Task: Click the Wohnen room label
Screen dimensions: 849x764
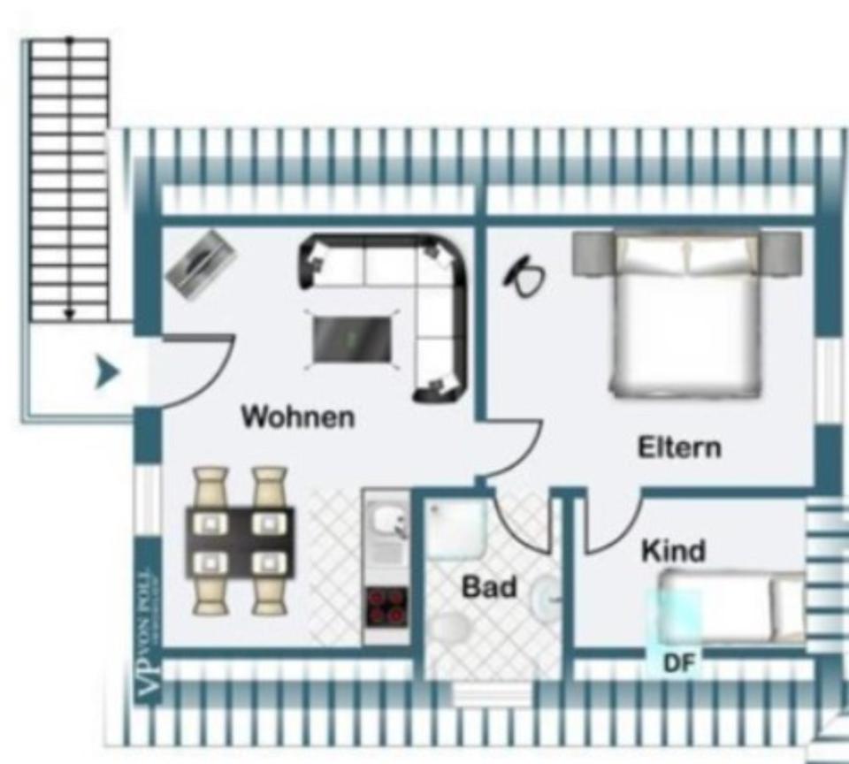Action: [x=298, y=416]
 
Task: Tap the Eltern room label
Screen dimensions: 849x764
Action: [x=679, y=447]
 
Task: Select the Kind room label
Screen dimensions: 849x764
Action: [x=673, y=551]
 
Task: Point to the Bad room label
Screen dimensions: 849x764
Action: [x=489, y=586]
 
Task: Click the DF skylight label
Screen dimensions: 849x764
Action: [x=678, y=663]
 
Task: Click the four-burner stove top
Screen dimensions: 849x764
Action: [x=386, y=607]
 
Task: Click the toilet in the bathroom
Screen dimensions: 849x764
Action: [x=451, y=630]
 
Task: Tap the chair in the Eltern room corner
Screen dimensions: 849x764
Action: [x=524, y=276]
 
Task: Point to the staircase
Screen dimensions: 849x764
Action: [x=70, y=177]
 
